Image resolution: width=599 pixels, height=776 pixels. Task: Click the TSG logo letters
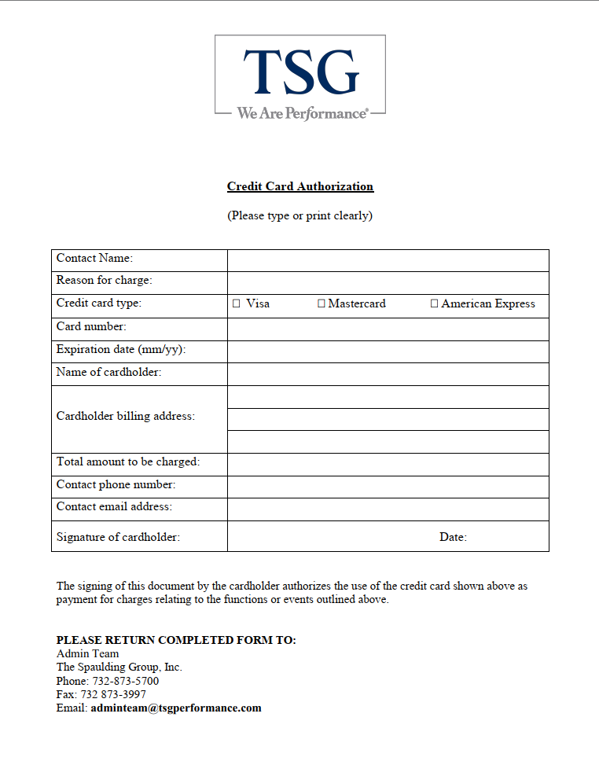click(300, 72)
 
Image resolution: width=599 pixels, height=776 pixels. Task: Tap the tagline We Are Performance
click(302, 113)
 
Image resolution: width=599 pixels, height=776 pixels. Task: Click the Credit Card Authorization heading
click(300, 186)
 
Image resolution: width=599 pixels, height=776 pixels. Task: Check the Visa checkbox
click(237, 303)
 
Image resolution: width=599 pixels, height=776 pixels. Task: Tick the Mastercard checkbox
click(321, 303)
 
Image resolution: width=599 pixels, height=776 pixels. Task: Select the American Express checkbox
click(434, 303)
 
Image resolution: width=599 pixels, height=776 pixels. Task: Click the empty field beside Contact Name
click(388, 260)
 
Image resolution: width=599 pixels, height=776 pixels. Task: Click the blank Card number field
click(388, 329)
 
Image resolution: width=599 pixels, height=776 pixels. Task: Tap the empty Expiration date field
click(388, 351)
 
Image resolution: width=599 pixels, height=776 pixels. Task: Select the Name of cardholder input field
click(388, 373)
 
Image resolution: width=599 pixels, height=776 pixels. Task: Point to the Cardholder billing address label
click(125, 416)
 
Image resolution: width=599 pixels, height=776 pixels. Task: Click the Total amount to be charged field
click(388, 464)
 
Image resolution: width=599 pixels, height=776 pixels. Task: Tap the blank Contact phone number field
click(388, 487)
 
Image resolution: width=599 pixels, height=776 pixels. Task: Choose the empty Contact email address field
click(388, 509)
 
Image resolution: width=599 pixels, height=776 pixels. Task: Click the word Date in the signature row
click(452, 537)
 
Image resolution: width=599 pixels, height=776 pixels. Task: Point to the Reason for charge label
click(104, 280)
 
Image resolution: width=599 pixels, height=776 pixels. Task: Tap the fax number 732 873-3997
click(113, 694)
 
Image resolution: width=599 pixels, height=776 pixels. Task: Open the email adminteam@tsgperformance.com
click(175, 708)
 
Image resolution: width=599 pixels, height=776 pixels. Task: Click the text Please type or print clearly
click(299, 215)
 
